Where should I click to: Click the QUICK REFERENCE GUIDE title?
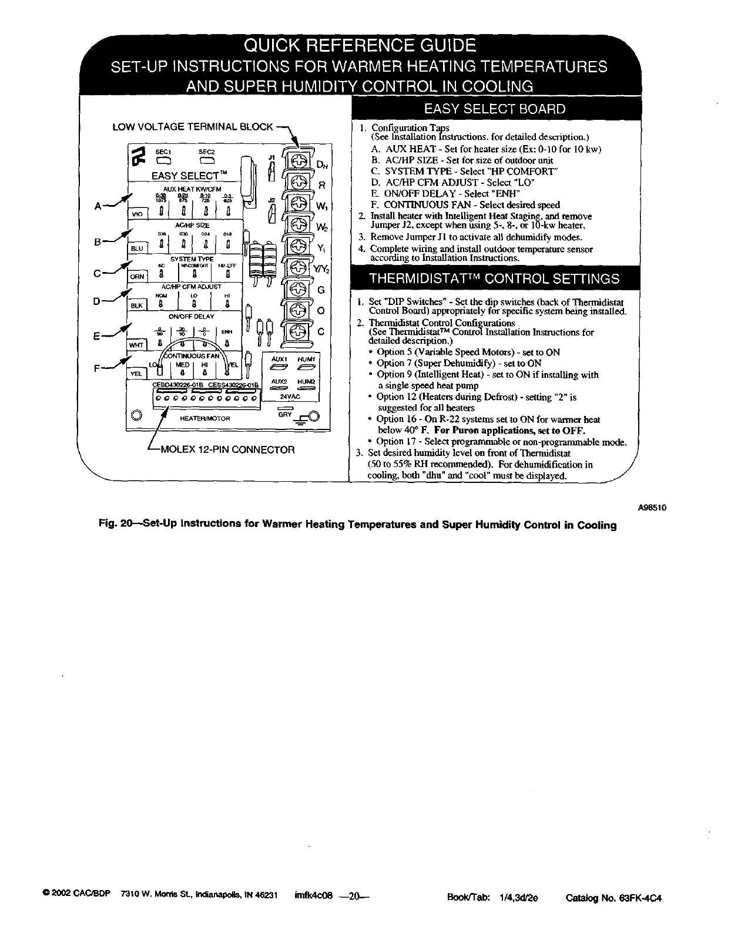360,45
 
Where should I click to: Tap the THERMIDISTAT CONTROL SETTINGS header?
494,278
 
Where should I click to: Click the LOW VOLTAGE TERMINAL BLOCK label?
193,126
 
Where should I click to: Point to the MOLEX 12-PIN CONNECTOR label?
228,450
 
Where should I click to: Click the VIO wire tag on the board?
138,214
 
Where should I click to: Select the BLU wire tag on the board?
137,249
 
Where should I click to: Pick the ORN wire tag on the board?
137,277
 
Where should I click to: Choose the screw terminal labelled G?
299,289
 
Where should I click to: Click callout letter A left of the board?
99,205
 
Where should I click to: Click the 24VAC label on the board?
290,397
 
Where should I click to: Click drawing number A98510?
652,508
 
